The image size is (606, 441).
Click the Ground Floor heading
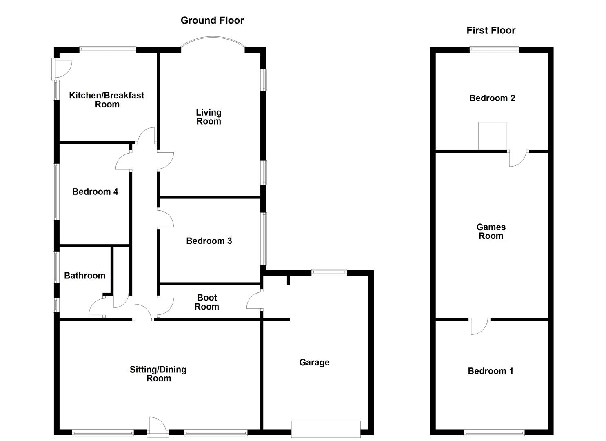tap(212, 20)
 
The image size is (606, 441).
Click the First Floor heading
tap(491, 30)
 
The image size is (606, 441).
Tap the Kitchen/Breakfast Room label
tap(107, 100)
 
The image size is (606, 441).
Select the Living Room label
tap(209, 117)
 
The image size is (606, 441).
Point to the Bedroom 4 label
tap(95, 192)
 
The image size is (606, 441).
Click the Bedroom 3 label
tap(209, 241)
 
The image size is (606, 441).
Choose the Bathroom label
tap(84, 276)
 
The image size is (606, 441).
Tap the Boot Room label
tap(207, 302)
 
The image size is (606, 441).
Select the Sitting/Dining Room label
tap(158, 374)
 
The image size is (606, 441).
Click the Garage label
tap(314, 362)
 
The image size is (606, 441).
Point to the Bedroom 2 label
tap(492, 98)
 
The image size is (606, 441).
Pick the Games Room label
tap(491, 232)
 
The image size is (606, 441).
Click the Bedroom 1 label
tap(491, 371)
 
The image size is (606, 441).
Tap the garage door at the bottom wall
tap(326, 429)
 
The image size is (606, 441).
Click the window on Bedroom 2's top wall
tap(494, 50)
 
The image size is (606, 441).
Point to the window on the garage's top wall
tap(329, 272)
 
